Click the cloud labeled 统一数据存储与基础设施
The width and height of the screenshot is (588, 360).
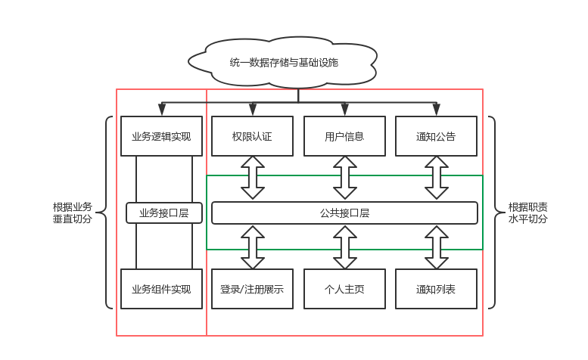tap(283, 62)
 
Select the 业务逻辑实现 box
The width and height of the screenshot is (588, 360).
tap(161, 136)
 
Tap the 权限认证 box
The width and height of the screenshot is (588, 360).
tap(252, 136)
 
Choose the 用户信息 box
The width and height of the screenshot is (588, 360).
tap(344, 136)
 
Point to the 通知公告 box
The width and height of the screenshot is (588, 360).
tap(436, 136)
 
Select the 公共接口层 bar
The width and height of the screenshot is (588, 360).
tap(344, 213)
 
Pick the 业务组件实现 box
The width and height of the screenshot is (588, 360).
tap(161, 289)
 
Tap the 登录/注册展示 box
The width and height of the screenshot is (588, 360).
tap(252, 289)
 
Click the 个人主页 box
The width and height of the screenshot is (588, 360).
tap(344, 289)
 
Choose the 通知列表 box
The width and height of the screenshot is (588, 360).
tap(436, 289)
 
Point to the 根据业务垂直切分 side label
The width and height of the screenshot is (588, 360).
tap(73, 213)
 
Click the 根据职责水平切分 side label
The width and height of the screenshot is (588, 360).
tap(527, 213)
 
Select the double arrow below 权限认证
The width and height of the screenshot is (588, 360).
tap(252, 178)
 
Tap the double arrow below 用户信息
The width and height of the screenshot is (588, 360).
tap(344, 178)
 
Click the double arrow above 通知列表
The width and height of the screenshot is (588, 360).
tap(436, 247)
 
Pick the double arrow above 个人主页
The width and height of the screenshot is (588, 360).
tap(344, 247)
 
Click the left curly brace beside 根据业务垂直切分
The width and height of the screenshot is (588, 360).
tap(108, 213)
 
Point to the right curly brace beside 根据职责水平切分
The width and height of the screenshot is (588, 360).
tap(493, 213)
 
